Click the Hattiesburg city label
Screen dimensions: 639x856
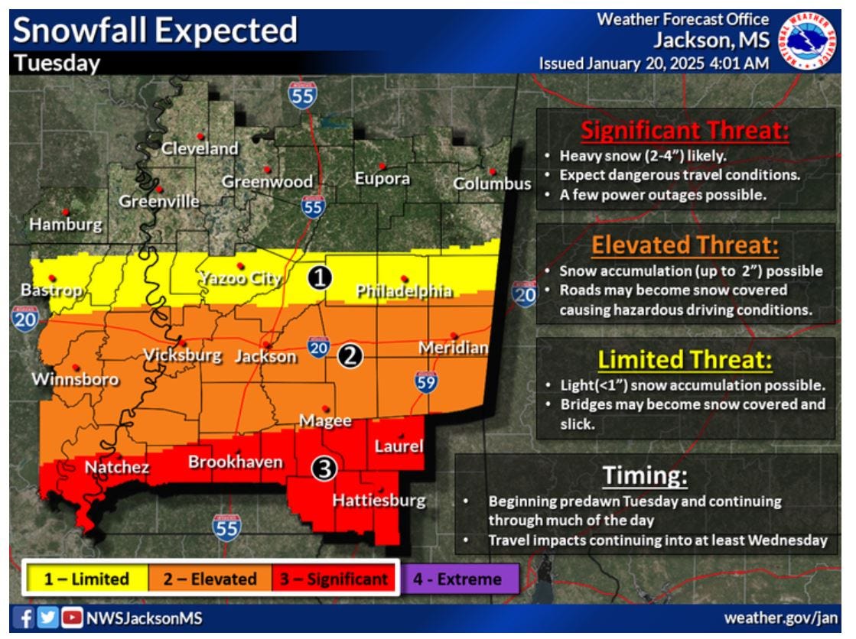(379, 501)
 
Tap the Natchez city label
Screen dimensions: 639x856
(116, 467)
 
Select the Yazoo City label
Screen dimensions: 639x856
(239, 279)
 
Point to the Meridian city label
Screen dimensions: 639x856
(453, 349)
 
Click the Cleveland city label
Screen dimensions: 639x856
(200, 149)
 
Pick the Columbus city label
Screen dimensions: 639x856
(492, 184)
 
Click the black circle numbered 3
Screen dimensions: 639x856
(324, 469)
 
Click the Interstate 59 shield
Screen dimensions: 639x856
(427, 381)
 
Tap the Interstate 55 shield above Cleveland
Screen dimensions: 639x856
(303, 94)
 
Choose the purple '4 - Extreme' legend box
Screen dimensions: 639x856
(457, 579)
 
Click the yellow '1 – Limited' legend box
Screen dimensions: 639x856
(86, 579)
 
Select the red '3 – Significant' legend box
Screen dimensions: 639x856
(334, 579)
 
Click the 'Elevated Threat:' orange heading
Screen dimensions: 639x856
(685, 246)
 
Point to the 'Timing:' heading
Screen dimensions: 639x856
(645, 475)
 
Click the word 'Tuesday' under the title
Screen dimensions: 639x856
(57, 64)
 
